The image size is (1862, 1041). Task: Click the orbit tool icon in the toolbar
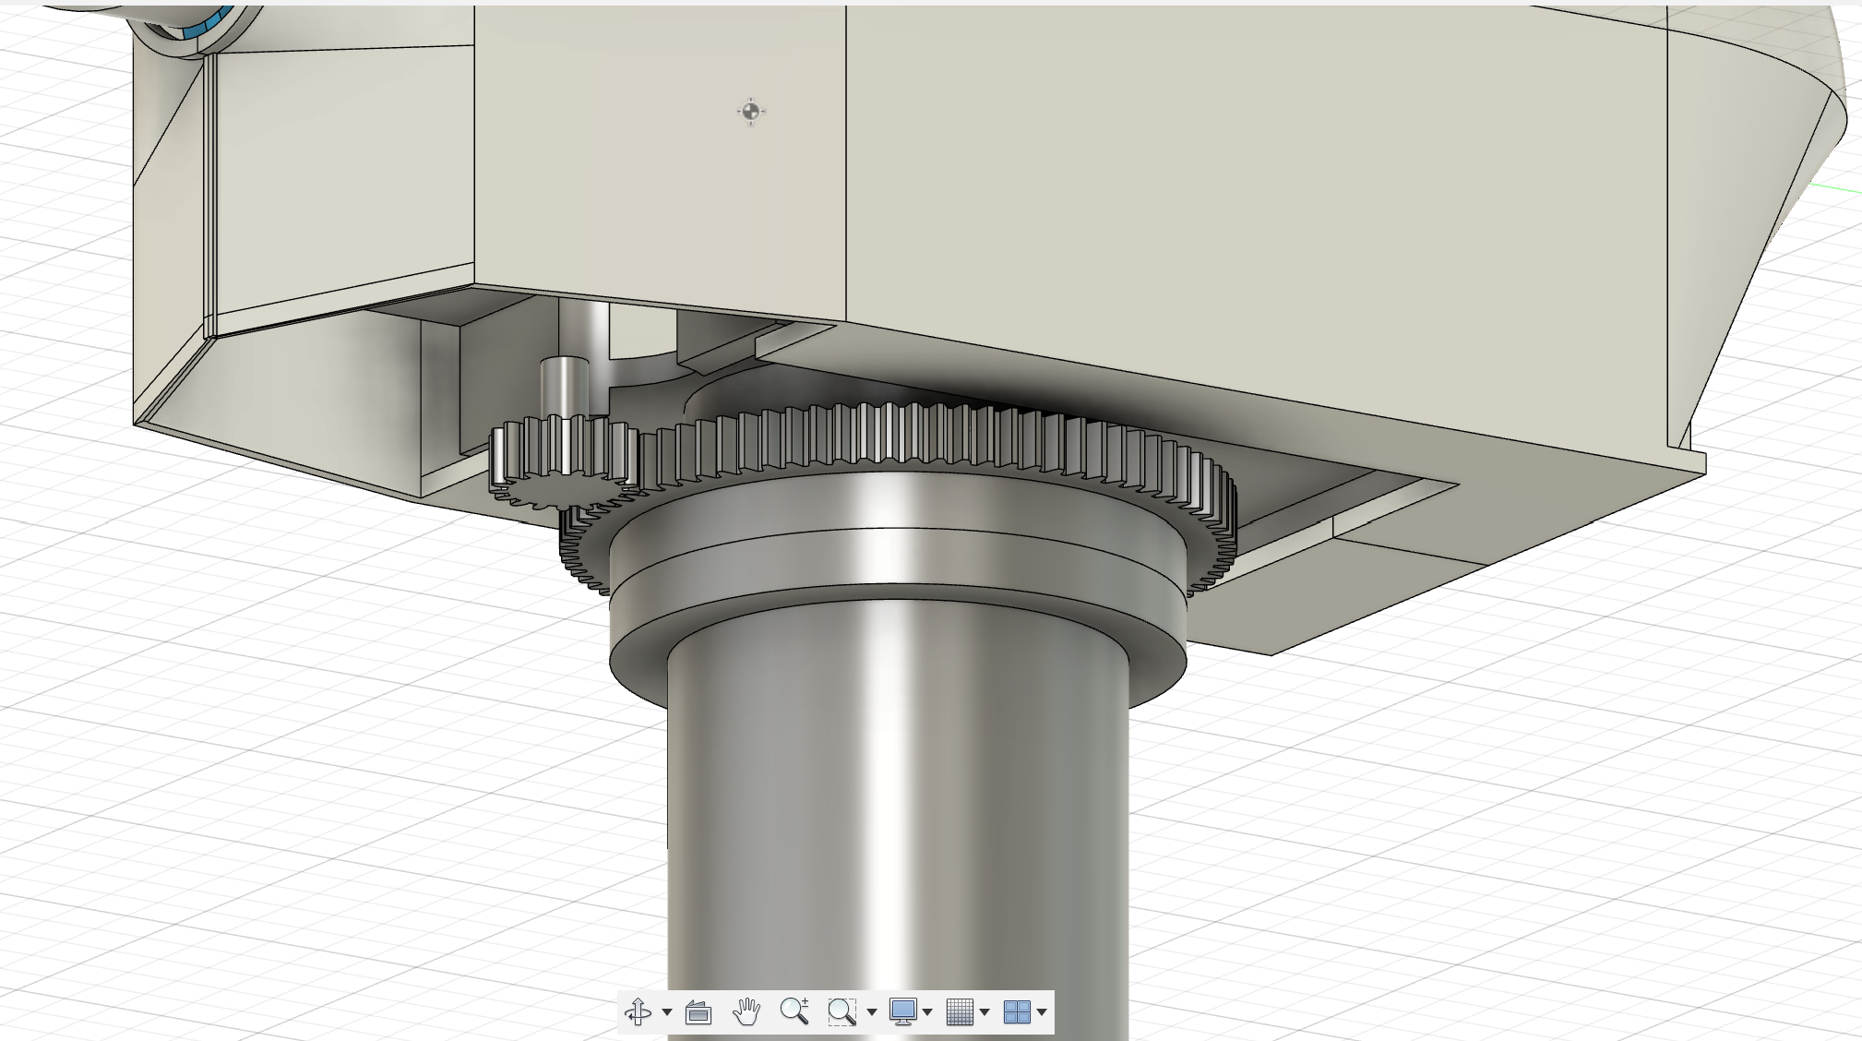pos(638,1012)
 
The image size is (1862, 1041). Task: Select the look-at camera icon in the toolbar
pos(698,1012)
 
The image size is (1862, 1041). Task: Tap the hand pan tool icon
pos(746,1011)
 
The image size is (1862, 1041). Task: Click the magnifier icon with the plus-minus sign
pos(794,1011)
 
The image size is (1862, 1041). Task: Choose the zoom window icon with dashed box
pos(841,1012)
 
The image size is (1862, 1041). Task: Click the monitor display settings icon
pos(902,1011)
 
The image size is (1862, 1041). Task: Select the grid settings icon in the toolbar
pos(960,1012)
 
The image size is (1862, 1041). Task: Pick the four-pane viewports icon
pos(1016,1012)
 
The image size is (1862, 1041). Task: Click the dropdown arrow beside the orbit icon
pos(667,1012)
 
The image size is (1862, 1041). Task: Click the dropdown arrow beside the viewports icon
pos(1042,1012)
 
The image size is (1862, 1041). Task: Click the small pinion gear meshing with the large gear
pos(561,458)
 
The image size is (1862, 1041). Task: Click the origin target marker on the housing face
pos(750,112)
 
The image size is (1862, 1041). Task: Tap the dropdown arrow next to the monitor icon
pos(927,1012)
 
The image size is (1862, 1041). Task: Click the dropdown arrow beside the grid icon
pos(985,1012)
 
